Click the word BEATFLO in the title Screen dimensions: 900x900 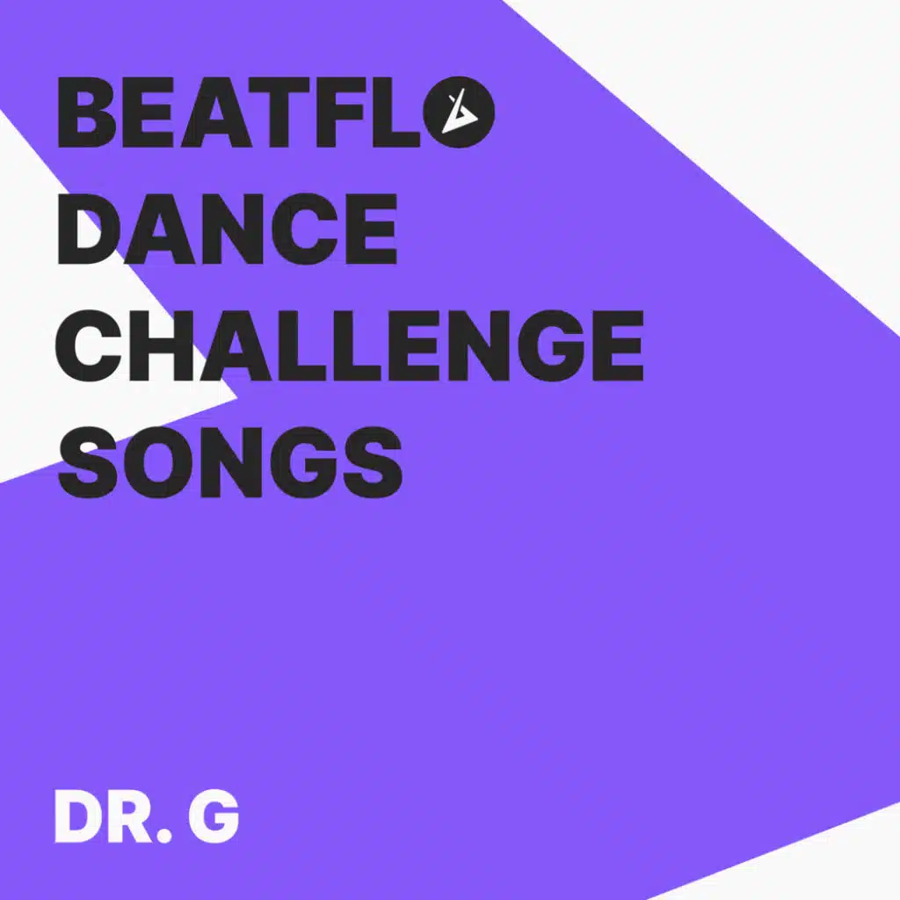point(275,112)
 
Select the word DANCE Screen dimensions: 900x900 point(228,229)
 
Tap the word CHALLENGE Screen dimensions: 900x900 point(350,345)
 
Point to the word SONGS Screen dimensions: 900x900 point(229,462)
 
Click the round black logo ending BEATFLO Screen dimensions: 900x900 point(459,112)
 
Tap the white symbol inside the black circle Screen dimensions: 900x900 point(460,112)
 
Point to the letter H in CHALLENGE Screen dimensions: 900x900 point(160,345)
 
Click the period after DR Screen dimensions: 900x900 point(164,836)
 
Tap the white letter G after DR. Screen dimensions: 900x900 point(214,817)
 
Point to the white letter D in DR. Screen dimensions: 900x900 point(79,817)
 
